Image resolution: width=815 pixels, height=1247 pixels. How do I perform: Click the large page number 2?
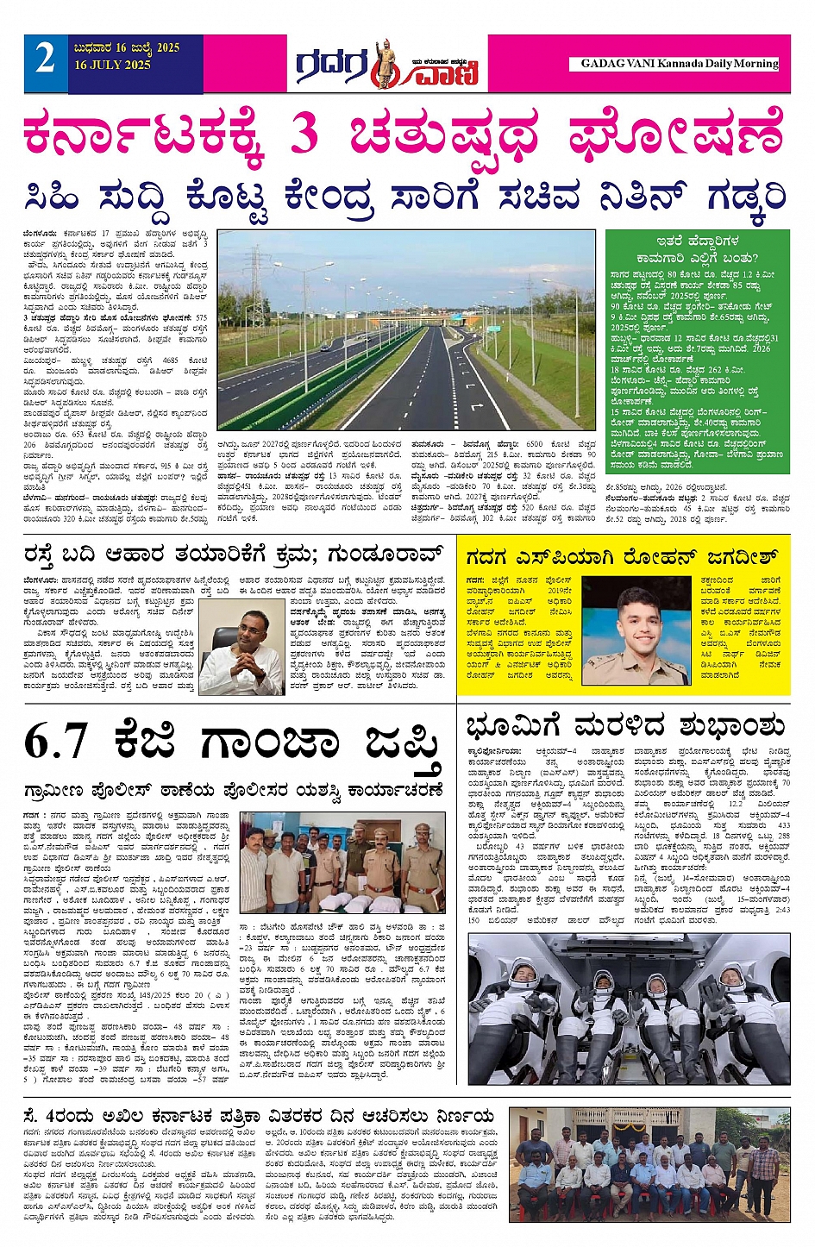tap(45, 60)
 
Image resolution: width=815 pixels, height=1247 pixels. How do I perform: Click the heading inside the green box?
tap(696, 249)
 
